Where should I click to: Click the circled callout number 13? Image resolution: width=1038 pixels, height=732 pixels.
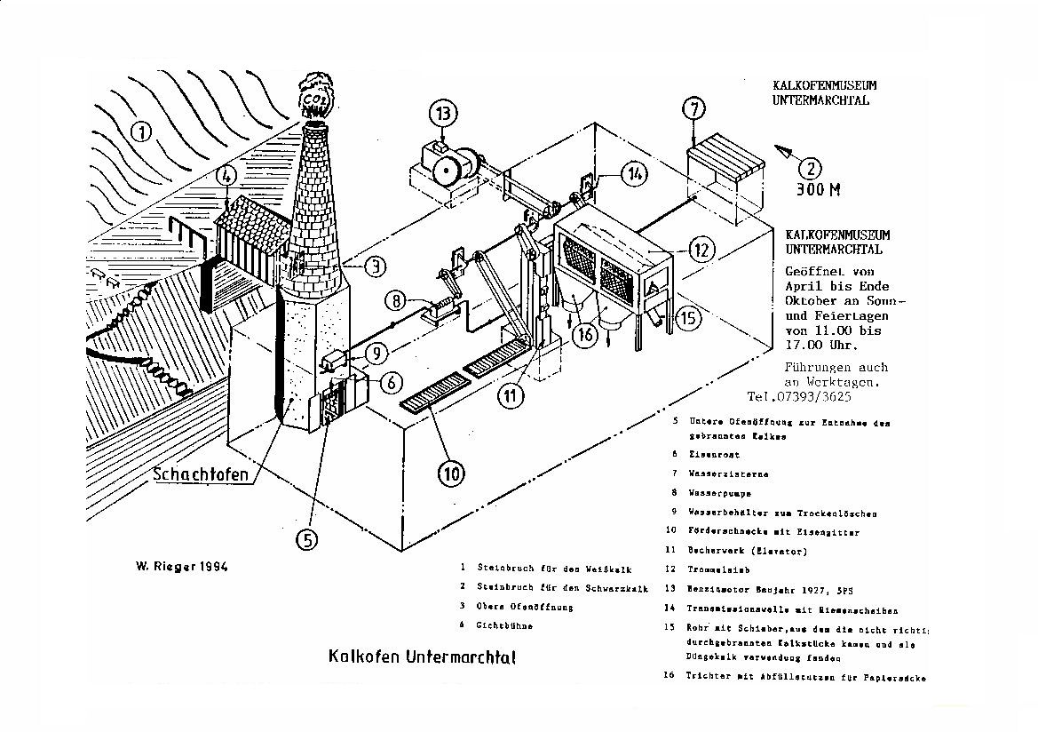pos(444,114)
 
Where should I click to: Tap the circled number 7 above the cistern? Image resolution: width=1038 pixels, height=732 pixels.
pos(695,109)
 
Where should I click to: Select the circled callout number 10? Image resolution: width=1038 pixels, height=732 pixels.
pos(453,473)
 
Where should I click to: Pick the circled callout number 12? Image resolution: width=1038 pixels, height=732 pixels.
pos(702,251)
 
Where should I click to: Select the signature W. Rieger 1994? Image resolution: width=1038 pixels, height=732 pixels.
pos(181,567)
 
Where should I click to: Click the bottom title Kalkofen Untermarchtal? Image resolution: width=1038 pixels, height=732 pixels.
pos(422,657)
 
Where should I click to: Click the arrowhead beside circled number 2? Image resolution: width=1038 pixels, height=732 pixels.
pos(782,150)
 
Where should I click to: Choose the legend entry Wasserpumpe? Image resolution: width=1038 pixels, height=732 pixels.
pos(719,492)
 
